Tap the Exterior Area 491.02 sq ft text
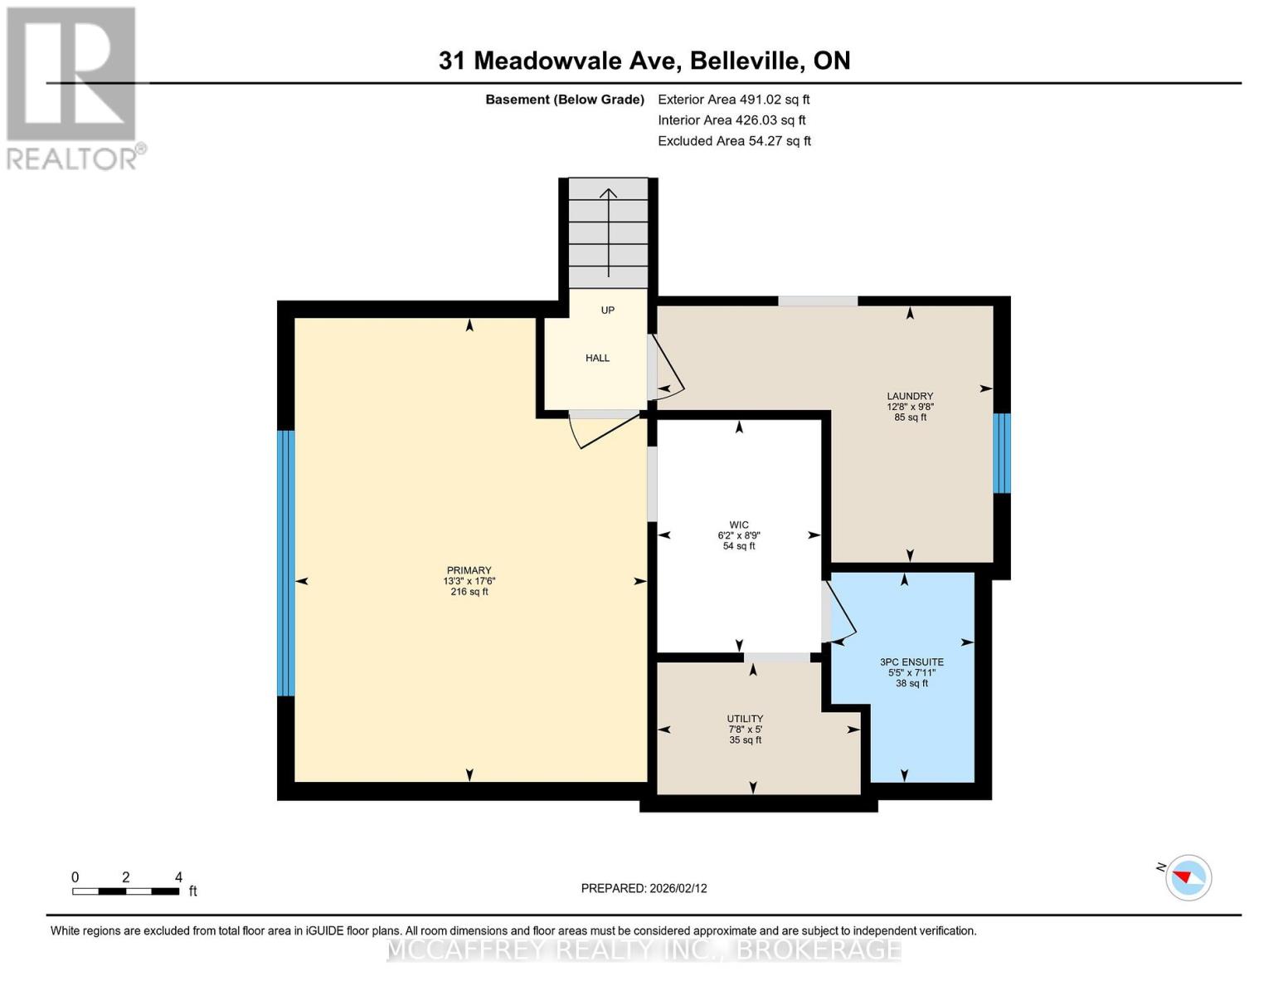[x=733, y=99]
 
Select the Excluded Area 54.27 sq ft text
[x=734, y=141]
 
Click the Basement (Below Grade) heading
[x=564, y=100]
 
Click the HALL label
[x=597, y=359]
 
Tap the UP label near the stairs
[x=608, y=310]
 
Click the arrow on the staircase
[x=609, y=232]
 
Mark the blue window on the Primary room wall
[x=285, y=563]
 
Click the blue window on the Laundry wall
[x=1002, y=453]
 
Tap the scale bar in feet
[x=126, y=891]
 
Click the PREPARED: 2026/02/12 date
[x=644, y=888]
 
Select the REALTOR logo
[x=73, y=87]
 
